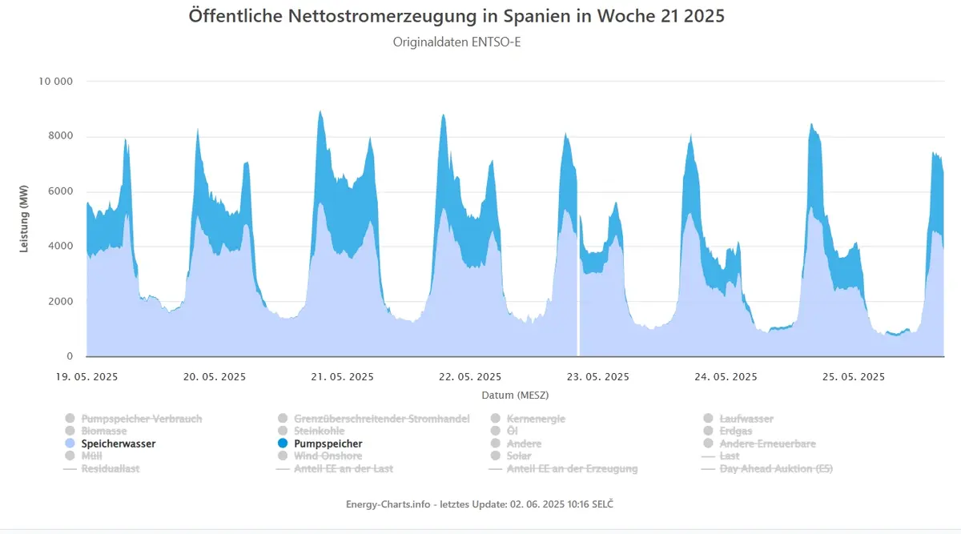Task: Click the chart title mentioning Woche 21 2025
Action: point(456,16)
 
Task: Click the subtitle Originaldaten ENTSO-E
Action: point(456,42)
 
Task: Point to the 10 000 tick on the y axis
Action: point(56,81)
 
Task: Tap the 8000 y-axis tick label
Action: point(61,135)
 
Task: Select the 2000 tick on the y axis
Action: point(61,301)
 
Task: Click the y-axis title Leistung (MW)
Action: point(23,219)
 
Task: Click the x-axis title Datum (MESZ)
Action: point(515,395)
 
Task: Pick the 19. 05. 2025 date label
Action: point(86,376)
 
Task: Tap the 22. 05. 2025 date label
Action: point(470,376)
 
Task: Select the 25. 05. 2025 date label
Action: point(854,376)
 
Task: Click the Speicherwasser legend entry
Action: point(119,444)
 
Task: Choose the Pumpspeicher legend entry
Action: point(328,444)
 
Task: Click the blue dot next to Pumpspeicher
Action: point(283,443)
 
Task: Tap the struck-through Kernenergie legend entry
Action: point(536,419)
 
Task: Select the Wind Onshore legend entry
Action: point(328,456)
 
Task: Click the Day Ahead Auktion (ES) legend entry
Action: point(776,468)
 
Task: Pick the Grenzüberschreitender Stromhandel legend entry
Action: point(381,419)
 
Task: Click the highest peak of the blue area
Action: point(320,111)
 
